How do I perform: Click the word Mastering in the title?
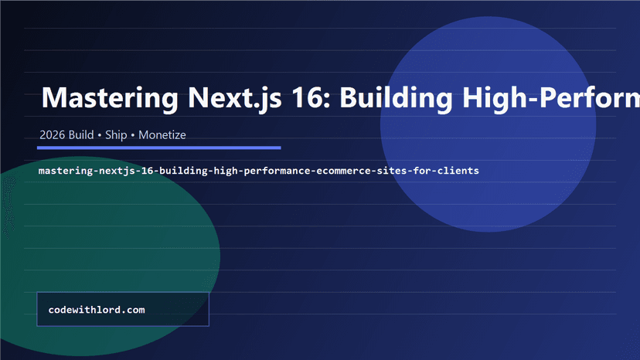click(x=109, y=99)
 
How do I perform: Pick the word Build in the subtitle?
click(x=80, y=135)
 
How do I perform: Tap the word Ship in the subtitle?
click(x=117, y=135)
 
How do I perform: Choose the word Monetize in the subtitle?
click(x=162, y=135)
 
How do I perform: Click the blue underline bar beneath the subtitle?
click(x=158, y=147)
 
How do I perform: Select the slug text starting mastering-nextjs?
click(x=259, y=170)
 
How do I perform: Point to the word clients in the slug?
click(x=457, y=170)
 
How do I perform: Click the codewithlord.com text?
click(x=97, y=310)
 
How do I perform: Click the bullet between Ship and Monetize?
click(x=133, y=135)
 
